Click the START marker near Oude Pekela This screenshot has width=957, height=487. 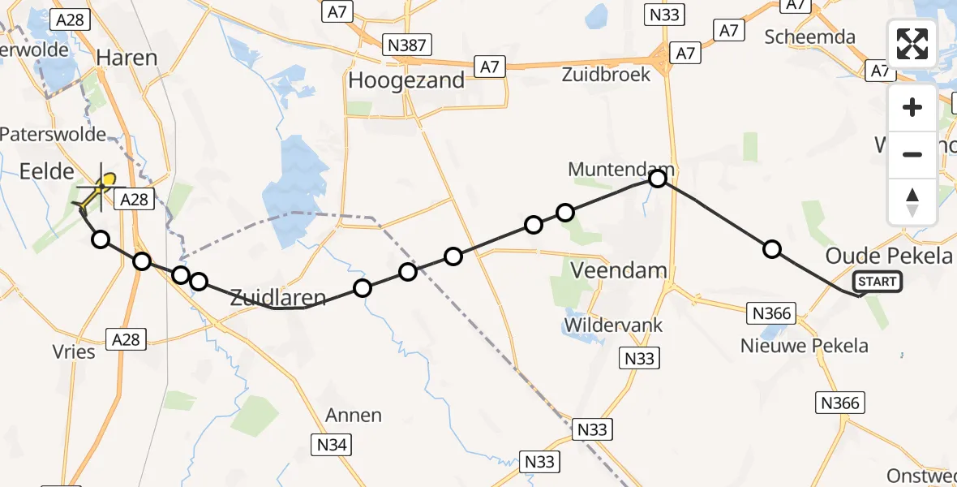pyautogui.click(x=877, y=282)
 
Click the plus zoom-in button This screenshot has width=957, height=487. pyautogui.click(x=912, y=107)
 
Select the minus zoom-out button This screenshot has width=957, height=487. pyautogui.click(x=912, y=154)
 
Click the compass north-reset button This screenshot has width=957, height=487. pyautogui.click(x=912, y=201)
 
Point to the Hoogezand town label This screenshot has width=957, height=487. pyautogui.click(x=406, y=80)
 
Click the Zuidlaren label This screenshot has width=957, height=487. pyautogui.click(x=278, y=297)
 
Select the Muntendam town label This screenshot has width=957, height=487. pyautogui.click(x=621, y=169)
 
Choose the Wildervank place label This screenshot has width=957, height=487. pyautogui.click(x=614, y=325)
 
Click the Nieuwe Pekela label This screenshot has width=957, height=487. pyautogui.click(x=805, y=346)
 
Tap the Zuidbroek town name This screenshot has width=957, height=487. pyautogui.click(x=607, y=74)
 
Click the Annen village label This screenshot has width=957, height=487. pyautogui.click(x=354, y=416)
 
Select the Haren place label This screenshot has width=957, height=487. pyautogui.click(x=127, y=58)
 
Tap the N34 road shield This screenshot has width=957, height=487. pyautogui.click(x=332, y=443)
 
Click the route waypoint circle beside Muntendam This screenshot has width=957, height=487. pyautogui.click(x=658, y=178)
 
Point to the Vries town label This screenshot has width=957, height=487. pyautogui.click(x=75, y=351)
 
